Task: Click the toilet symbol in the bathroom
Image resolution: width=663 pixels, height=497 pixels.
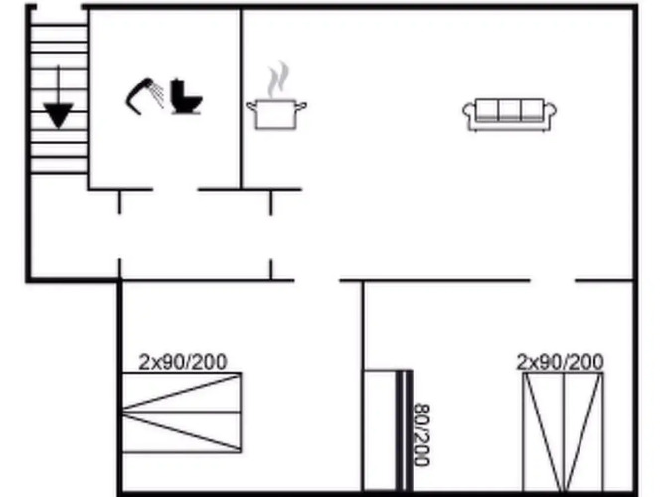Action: (x=186, y=96)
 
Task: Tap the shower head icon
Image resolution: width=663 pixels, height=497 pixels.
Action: (x=144, y=96)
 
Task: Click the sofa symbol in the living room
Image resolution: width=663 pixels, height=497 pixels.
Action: (x=509, y=115)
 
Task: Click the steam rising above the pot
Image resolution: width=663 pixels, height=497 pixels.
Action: (x=277, y=80)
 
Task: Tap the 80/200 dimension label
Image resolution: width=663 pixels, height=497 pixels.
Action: (x=421, y=434)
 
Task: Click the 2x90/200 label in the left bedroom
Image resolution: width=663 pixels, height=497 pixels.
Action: (x=183, y=362)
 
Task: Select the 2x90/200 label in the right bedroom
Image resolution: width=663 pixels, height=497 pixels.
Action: (x=561, y=362)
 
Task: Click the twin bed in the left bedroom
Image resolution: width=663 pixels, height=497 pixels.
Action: (x=182, y=413)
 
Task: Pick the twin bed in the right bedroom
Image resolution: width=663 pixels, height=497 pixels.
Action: (x=564, y=432)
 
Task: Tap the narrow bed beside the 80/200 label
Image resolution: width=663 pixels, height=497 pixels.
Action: (x=381, y=430)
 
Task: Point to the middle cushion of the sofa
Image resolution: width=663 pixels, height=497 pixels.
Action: (x=509, y=110)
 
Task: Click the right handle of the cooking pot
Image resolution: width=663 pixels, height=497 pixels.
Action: (x=300, y=106)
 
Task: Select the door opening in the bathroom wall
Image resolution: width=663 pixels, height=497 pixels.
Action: (x=176, y=190)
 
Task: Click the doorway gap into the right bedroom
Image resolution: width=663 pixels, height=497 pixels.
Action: (x=552, y=280)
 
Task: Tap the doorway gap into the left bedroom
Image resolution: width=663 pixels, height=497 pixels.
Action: (x=317, y=280)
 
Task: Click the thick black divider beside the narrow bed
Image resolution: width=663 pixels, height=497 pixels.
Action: (x=405, y=430)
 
